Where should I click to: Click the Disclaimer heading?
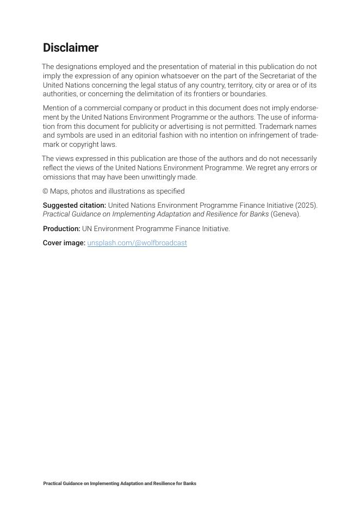71,48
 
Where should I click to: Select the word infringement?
258,135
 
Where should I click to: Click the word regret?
271,168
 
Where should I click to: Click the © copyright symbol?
46,191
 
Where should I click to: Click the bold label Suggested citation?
75,206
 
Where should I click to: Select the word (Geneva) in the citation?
285,214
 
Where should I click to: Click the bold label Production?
61,229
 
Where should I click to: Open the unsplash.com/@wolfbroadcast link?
137,243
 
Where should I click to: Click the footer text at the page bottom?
120,483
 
